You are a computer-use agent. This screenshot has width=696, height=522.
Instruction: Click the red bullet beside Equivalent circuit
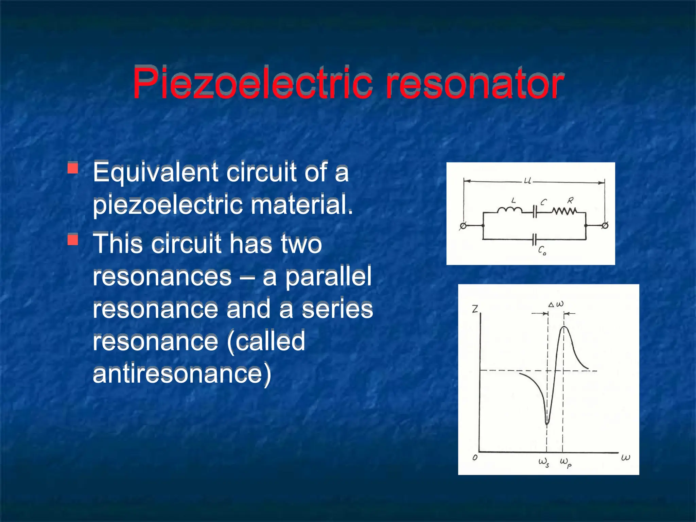click(x=73, y=168)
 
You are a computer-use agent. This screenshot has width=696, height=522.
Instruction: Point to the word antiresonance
click(x=182, y=374)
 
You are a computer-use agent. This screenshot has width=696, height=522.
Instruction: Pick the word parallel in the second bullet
click(x=328, y=276)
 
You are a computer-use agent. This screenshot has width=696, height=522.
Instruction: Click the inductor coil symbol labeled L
click(x=510, y=211)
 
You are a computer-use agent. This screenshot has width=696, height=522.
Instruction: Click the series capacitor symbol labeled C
click(x=535, y=211)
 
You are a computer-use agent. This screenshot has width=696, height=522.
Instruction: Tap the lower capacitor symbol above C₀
click(x=535, y=239)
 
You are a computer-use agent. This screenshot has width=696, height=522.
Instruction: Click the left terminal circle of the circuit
click(x=463, y=226)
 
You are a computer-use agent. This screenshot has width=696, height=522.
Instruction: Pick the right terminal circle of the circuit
click(x=605, y=225)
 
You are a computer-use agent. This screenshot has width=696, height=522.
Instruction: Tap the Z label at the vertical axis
click(x=475, y=309)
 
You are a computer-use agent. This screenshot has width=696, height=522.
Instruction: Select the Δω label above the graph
click(x=556, y=304)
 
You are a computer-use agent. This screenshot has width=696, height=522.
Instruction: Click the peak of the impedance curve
click(x=564, y=327)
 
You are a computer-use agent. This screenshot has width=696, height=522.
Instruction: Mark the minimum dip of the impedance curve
click(x=547, y=423)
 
